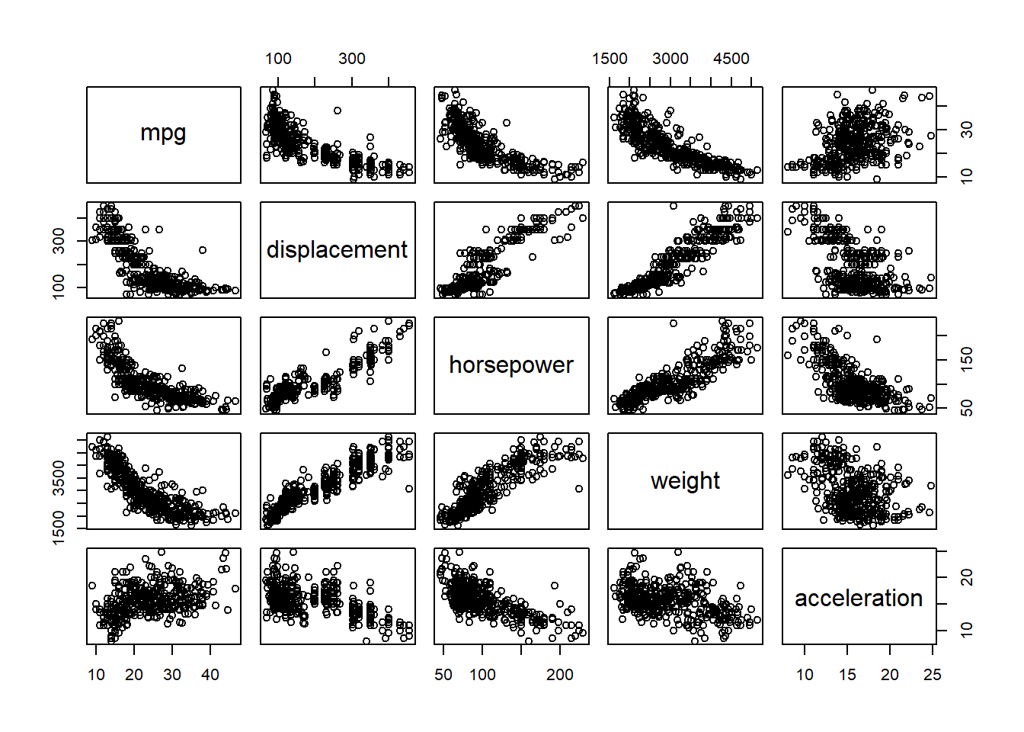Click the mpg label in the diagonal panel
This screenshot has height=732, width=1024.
pos(163,133)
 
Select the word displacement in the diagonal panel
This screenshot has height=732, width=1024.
pos(337,250)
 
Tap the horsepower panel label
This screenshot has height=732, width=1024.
pos(511,365)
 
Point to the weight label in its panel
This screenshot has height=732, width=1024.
pos(685,481)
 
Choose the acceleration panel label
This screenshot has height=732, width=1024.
pos(859,599)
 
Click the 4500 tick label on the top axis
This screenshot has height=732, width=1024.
pos(731,59)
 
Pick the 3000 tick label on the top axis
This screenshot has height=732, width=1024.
pos(670,59)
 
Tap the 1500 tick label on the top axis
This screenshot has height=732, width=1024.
pos(610,59)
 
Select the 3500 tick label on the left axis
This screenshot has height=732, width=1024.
pos(59,478)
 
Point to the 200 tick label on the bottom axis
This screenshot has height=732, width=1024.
pos(560,675)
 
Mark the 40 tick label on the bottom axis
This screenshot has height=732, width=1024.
pos(210,675)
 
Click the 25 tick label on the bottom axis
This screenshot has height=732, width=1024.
pos(932,675)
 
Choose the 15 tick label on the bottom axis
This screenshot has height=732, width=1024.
pos(847,675)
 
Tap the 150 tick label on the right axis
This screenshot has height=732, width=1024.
pos(967,359)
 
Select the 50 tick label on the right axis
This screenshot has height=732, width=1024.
pos(967,408)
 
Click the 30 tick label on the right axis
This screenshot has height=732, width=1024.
pos(967,130)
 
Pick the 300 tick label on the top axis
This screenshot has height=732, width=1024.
pos(351,59)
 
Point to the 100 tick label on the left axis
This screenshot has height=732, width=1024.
pos(59,287)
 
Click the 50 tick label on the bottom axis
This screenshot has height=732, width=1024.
pos(443,675)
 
